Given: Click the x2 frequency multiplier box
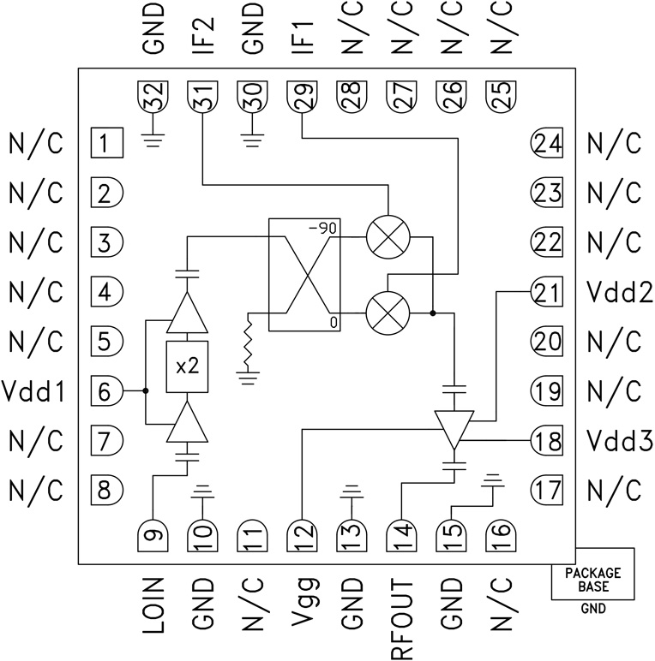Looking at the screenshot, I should tap(187, 366).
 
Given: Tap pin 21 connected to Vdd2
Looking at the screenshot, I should tap(546, 293).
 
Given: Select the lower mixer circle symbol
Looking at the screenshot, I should tap(388, 313).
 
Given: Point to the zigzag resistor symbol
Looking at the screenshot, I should tap(249, 341).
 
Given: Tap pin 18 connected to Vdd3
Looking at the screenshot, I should tap(546, 441).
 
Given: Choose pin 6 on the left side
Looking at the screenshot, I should tap(107, 392).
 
